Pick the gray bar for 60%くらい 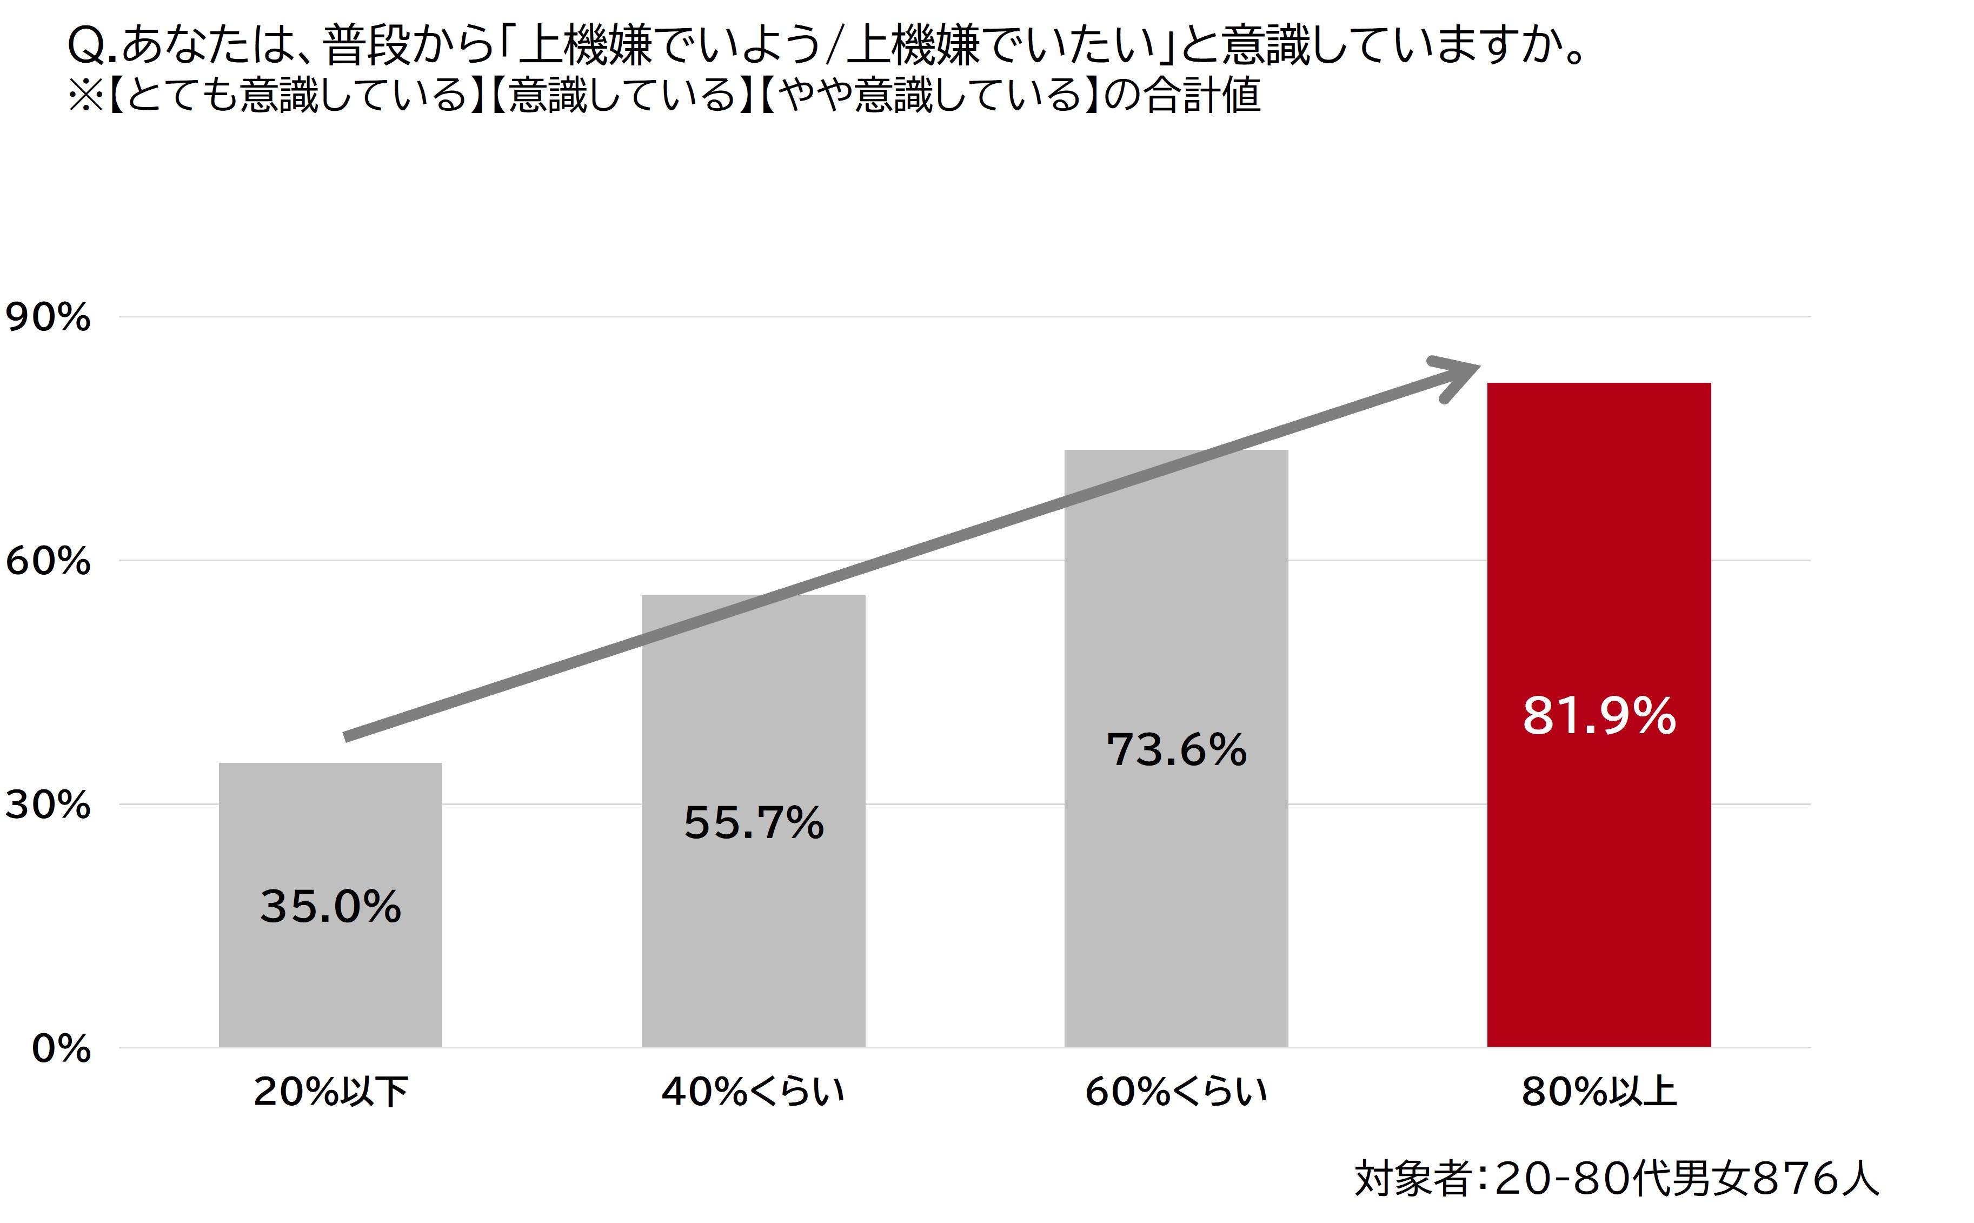1176,890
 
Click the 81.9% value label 1599,716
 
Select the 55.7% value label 753,823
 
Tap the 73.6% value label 1176,750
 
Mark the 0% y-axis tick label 61,1049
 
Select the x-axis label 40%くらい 753,1092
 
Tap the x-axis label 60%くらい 1176,1092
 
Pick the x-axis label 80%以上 1599,1092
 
